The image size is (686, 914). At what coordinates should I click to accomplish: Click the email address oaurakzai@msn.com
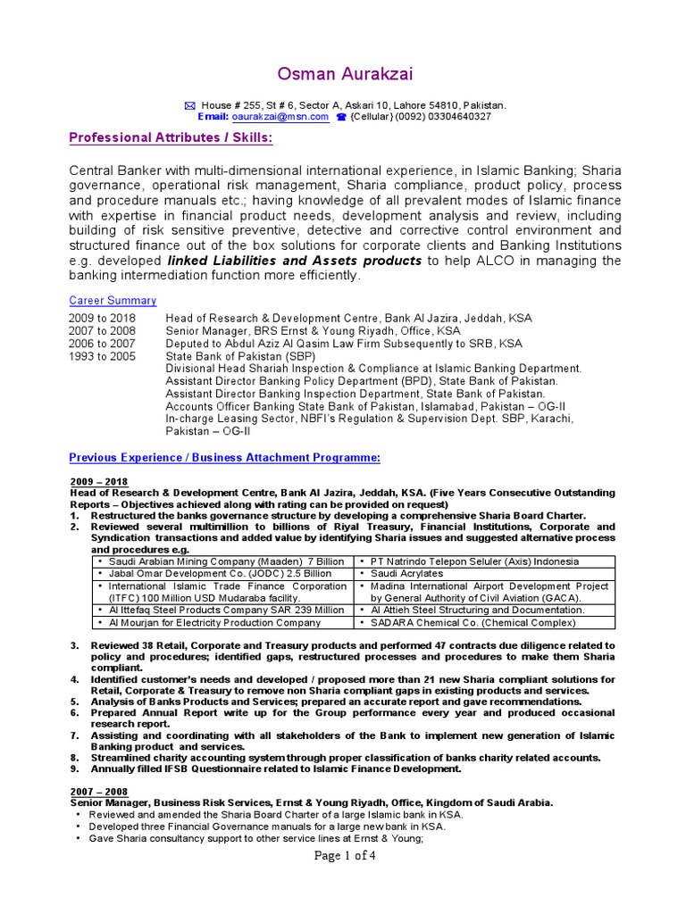(280, 117)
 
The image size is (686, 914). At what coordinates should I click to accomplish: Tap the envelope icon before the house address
(188, 105)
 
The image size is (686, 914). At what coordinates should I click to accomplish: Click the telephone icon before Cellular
(340, 117)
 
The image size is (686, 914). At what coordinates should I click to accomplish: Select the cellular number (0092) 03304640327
(445, 117)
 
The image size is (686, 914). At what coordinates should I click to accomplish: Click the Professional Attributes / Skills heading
(171, 138)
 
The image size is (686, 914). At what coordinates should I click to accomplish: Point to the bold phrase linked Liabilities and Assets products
(295, 261)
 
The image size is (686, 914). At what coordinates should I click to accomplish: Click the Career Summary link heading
(113, 301)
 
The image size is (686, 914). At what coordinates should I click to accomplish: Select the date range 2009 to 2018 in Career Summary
(102, 318)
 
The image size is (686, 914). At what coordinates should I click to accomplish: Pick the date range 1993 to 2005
(102, 355)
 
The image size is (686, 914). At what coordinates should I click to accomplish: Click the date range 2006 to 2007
(102, 343)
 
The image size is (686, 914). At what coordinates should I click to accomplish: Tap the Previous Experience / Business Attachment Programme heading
(224, 458)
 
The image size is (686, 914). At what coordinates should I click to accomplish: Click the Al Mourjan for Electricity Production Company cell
(214, 623)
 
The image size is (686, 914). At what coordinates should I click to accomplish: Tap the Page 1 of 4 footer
(342, 855)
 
